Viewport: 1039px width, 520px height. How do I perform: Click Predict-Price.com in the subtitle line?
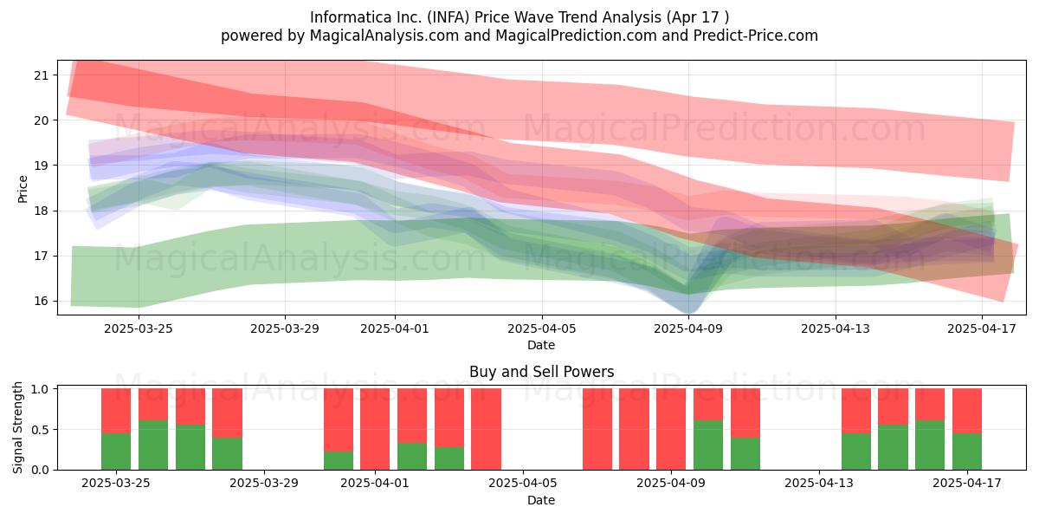point(756,36)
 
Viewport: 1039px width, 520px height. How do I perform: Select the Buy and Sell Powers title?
point(541,372)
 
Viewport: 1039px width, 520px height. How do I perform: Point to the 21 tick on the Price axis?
point(42,75)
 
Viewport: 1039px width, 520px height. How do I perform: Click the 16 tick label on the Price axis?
point(42,301)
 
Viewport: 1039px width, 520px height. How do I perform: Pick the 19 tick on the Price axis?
point(42,166)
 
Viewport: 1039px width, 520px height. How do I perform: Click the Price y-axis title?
point(23,189)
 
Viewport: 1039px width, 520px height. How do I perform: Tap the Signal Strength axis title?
point(17,427)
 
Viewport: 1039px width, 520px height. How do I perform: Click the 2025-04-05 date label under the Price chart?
point(541,328)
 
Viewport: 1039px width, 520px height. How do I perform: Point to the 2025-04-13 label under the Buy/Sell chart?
point(819,483)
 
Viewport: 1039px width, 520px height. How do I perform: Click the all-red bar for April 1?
point(375,429)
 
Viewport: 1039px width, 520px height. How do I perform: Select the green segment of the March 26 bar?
point(153,445)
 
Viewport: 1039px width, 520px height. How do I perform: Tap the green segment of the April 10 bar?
point(708,445)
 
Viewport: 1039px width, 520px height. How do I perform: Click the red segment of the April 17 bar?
point(967,411)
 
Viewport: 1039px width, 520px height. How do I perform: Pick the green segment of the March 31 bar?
point(339,460)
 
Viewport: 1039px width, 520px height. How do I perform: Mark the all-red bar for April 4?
point(486,429)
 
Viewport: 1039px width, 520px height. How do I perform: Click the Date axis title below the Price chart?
point(541,345)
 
